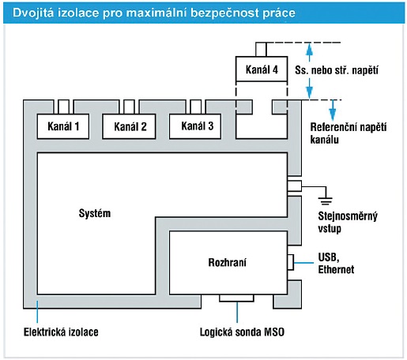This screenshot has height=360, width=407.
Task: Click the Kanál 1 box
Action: click(x=63, y=126)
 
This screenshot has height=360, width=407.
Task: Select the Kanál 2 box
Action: click(x=129, y=126)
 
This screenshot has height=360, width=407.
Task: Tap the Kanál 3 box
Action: click(x=195, y=126)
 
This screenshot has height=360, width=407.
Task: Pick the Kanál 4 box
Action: click(x=262, y=69)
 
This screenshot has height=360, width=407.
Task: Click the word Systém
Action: click(x=95, y=213)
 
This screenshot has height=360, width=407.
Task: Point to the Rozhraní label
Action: click(x=228, y=262)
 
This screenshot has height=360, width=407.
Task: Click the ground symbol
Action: click(x=326, y=201)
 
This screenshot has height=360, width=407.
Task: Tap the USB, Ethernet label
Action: click(x=336, y=263)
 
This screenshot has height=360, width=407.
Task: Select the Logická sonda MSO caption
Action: click(x=242, y=332)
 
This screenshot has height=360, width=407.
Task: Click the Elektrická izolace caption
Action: click(x=61, y=332)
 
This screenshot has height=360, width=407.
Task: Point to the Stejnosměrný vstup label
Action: click(x=348, y=222)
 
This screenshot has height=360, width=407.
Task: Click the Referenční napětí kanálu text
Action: click(x=349, y=133)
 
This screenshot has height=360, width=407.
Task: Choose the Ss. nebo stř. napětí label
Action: click(x=337, y=70)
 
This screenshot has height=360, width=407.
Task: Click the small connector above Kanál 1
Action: click(x=63, y=107)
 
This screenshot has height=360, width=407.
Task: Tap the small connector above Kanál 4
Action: click(x=261, y=49)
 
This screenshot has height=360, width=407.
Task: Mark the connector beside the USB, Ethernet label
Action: click(x=291, y=262)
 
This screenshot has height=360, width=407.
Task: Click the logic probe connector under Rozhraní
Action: click(x=236, y=298)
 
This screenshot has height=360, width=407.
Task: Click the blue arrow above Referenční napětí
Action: click(x=333, y=110)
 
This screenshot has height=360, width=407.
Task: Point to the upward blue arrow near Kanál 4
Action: click(x=310, y=52)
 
